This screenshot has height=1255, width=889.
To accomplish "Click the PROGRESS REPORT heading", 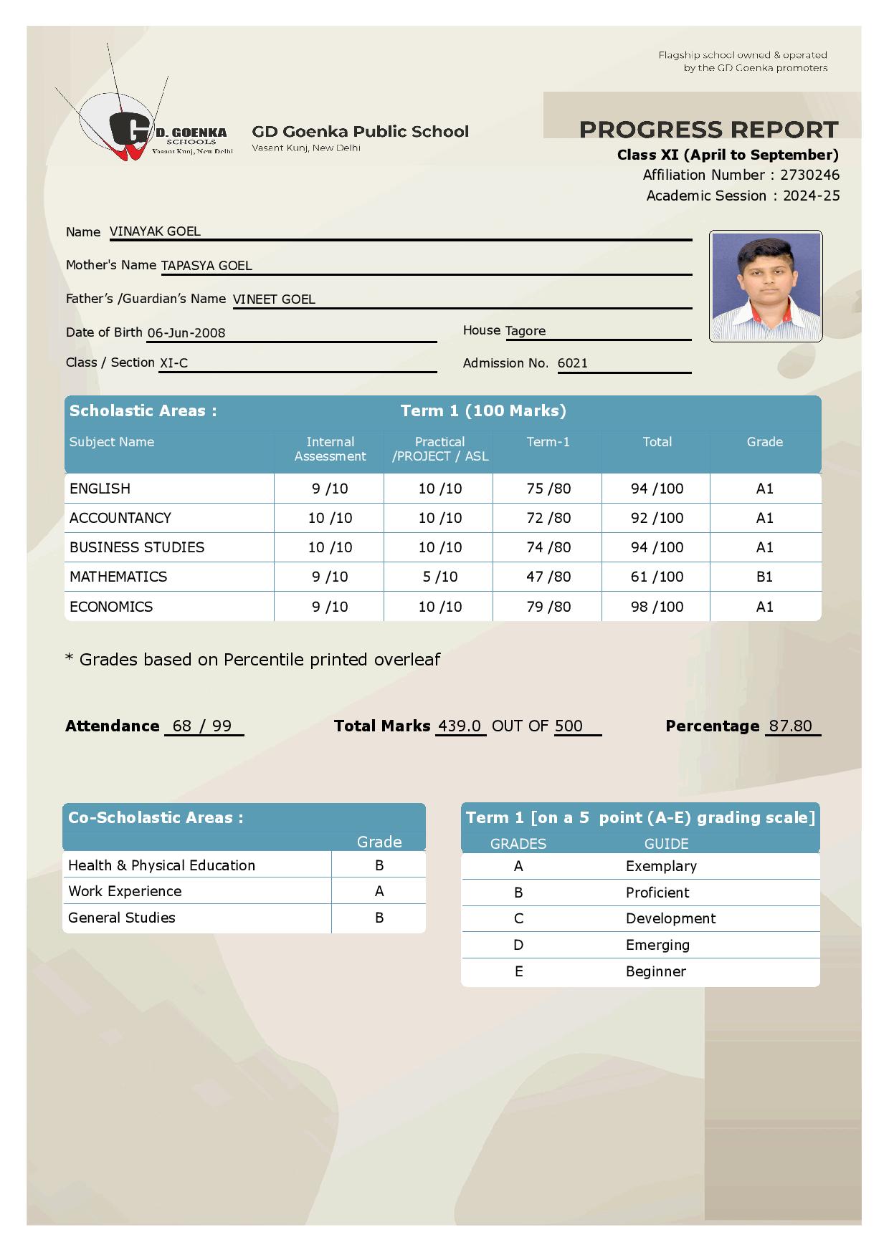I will pyautogui.click(x=708, y=130).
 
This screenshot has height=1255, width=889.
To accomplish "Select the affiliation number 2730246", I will pyautogui.click(x=809, y=175).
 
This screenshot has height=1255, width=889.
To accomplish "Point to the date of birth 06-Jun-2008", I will pyautogui.click(x=186, y=333).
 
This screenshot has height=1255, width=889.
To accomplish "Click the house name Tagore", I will pyautogui.click(x=526, y=331).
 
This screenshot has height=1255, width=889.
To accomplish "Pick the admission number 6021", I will pyautogui.click(x=573, y=363).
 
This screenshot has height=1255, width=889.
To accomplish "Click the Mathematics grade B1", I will pyautogui.click(x=764, y=577).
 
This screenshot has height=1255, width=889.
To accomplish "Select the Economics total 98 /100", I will pyautogui.click(x=657, y=607).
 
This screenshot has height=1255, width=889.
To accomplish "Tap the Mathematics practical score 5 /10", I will pyautogui.click(x=439, y=577).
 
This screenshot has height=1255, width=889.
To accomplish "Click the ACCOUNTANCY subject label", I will pyautogui.click(x=120, y=518).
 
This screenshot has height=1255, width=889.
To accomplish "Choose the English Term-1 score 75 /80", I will pyautogui.click(x=548, y=489).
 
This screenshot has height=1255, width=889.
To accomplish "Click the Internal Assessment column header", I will pyautogui.click(x=330, y=449).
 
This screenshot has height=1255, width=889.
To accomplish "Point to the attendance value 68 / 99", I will pyautogui.click(x=202, y=726).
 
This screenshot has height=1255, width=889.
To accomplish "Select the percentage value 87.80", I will pyautogui.click(x=790, y=726).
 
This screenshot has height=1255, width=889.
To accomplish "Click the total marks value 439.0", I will pyautogui.click(x=460, y=726).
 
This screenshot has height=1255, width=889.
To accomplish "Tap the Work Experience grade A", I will pyautogui.click(x=379, y=891).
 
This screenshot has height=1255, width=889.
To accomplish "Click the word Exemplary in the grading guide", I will pyautogui.click(x=661, y=866).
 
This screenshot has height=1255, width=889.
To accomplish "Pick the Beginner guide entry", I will pyautogui.click(x=656, y=971).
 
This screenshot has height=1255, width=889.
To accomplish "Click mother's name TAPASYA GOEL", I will pyautogui.click(x=206, y=266).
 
